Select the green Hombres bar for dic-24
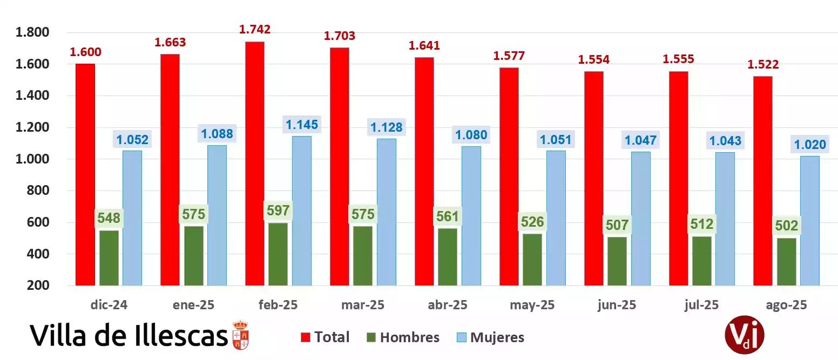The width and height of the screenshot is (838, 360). pos(109,258)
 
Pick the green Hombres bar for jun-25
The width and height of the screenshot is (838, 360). pos(617,261)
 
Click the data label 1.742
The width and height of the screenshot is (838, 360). pos(255,30)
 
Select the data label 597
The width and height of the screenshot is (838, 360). pos(278,210)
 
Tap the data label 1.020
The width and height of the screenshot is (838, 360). pos(809,144)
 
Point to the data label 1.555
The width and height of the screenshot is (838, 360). pos(678,59)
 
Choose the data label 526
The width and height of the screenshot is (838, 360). pos(532,221)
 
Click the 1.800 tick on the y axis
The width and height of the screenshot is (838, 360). pos(32,33)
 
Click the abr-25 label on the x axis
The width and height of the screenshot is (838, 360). pos(447,305)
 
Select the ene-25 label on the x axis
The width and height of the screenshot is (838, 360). pos(193,305)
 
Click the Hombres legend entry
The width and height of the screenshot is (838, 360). pos(402,338)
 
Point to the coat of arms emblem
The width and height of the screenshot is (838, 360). pos(240,334)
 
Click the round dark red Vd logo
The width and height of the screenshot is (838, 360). pos(745,335)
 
